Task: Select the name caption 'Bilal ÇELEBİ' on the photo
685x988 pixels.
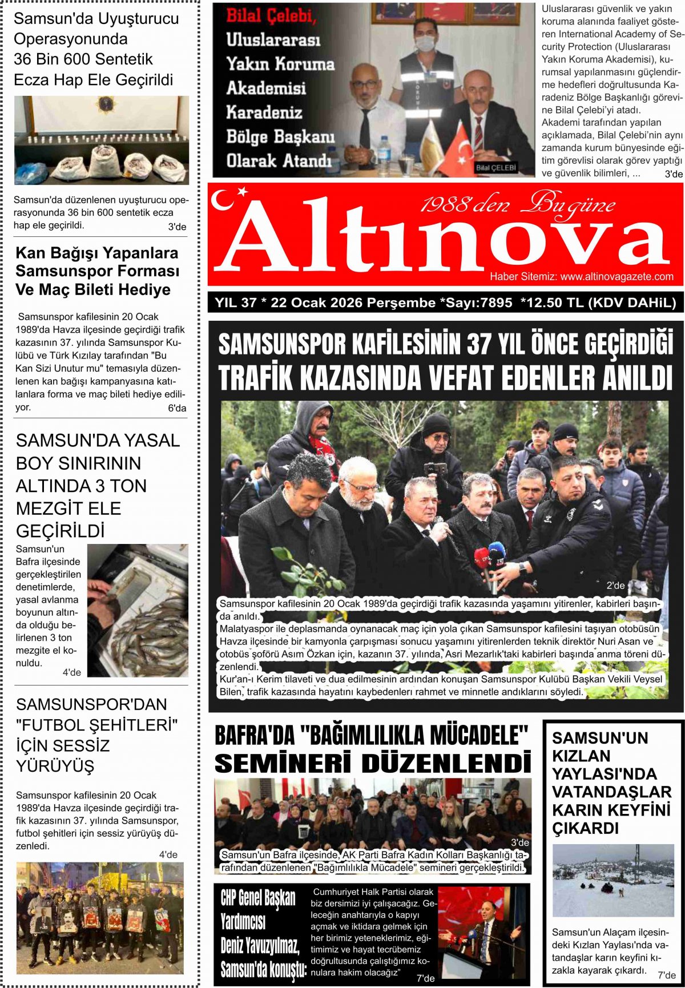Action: pyautogui.click(x=495, y=168)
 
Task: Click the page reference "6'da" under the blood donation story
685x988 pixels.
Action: pyautogui.click(x=177, y=408)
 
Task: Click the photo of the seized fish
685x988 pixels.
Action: pyautogui.click(x=138, y=611)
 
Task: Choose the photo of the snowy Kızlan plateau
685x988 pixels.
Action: pyautogui.click(x=613, y=881)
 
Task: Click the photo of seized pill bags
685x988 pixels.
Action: pyautogui.click(x=102, y=140)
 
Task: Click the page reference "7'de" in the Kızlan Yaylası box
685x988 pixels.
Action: pyautogui.click(x=667, y=975)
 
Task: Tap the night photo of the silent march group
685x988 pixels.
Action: pyautogui.click(x=100, y=918)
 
